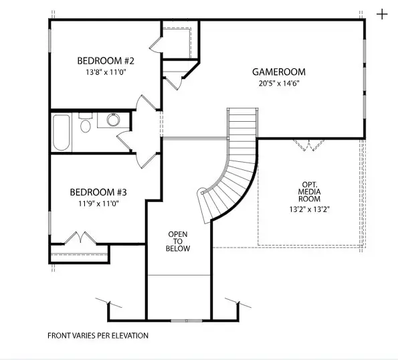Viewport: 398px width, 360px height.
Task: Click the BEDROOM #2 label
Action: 102,58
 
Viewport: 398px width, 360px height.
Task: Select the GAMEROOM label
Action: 278,72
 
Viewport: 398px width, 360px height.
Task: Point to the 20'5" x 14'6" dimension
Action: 278,84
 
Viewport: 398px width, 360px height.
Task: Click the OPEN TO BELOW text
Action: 179,241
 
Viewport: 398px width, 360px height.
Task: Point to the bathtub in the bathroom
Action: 62,133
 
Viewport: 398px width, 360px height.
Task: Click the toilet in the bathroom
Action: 86,126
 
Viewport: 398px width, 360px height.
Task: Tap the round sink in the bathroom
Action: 112,120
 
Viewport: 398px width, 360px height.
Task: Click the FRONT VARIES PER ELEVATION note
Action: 98,335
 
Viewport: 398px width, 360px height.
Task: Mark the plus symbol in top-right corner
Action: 382,14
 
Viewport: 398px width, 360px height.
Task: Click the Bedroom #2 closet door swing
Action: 155,43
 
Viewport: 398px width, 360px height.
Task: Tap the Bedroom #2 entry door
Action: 145,104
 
